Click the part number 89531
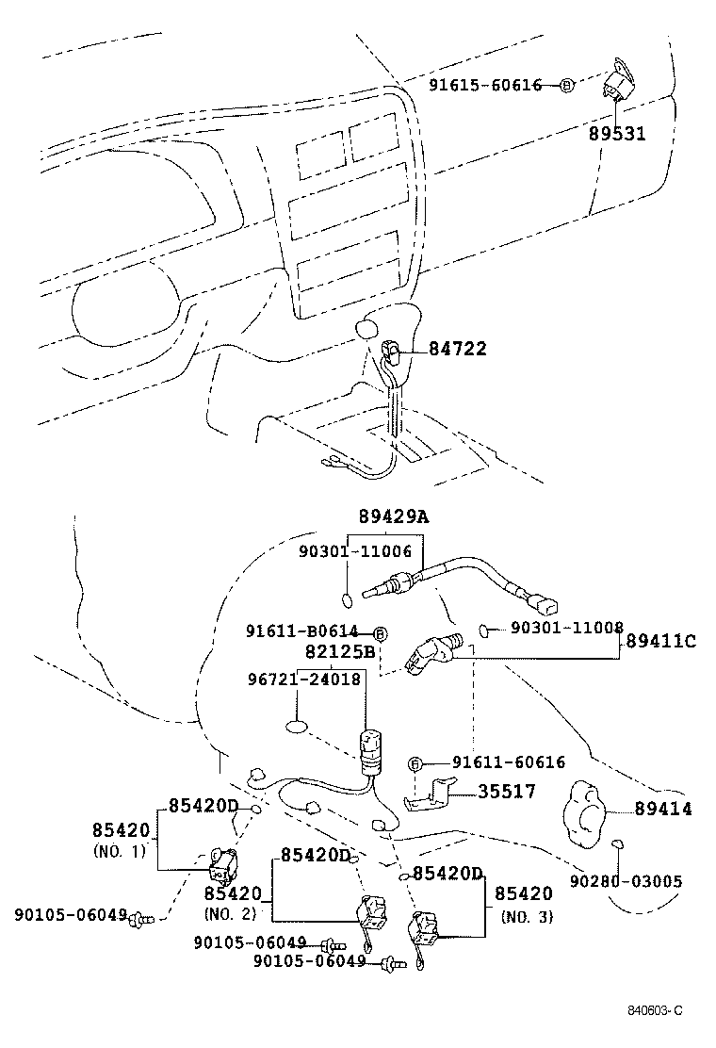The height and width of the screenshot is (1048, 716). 617,134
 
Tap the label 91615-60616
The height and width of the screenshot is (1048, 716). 485,86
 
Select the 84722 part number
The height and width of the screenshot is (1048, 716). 458,349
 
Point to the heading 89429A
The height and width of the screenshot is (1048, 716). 392,516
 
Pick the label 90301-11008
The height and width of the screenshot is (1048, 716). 567,627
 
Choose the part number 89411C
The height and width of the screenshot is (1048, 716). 659,641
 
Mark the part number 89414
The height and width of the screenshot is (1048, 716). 662,809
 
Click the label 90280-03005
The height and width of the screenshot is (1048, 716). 626,881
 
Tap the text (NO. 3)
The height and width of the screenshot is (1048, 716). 527,916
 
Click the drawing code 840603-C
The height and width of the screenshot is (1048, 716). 655,1010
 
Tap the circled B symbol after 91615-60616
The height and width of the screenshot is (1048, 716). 566,86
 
